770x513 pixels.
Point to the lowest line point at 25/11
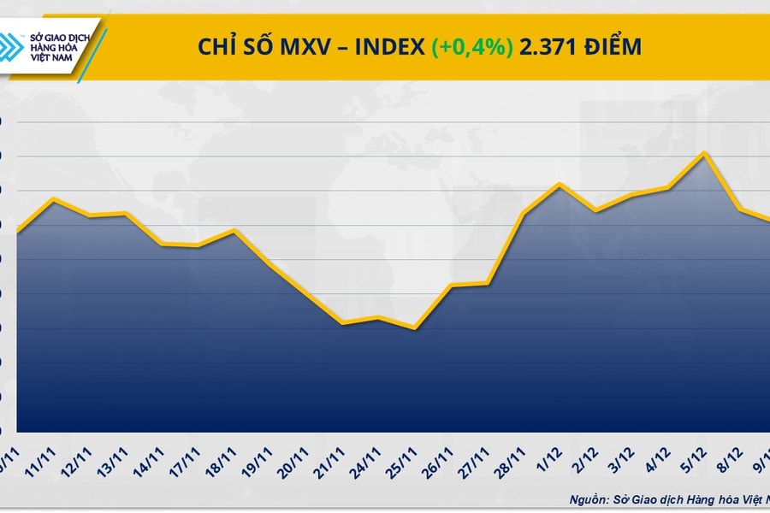point(414,327)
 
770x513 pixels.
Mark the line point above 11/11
point(54,199)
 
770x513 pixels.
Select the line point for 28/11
point(523,213)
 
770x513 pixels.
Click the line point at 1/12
point(559,184)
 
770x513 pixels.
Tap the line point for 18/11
point(234,230)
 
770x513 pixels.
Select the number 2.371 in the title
point(548,46)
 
